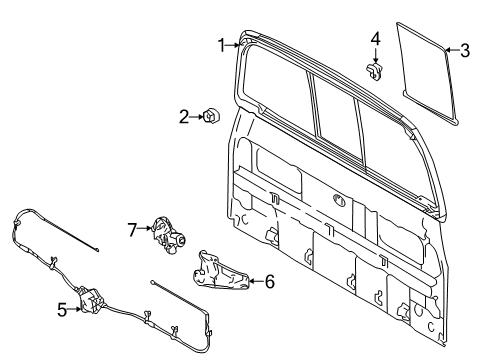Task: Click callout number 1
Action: pos(222,43)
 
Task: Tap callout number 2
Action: pos(184,117)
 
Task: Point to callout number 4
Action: pos(375,39)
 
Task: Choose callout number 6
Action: pos(267,281)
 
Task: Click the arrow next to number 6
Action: pos(252,281)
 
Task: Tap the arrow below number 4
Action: pos(375,55)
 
